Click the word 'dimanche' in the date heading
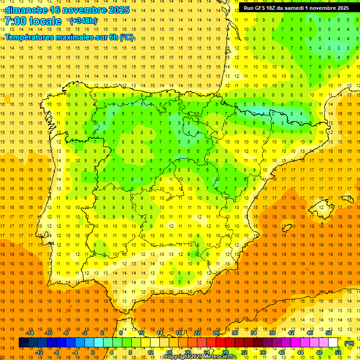coord(26,10)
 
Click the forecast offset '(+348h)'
coord(83,21)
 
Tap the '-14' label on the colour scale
coord(30,333)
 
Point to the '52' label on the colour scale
coord(338,352)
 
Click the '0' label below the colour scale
coord(93,352)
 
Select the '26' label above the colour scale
coord(216,333)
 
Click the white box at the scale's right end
coord(333,343)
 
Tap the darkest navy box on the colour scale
coord(23,343)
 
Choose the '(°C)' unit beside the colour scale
coord(349,343)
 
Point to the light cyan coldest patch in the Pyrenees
coord(262,112)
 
